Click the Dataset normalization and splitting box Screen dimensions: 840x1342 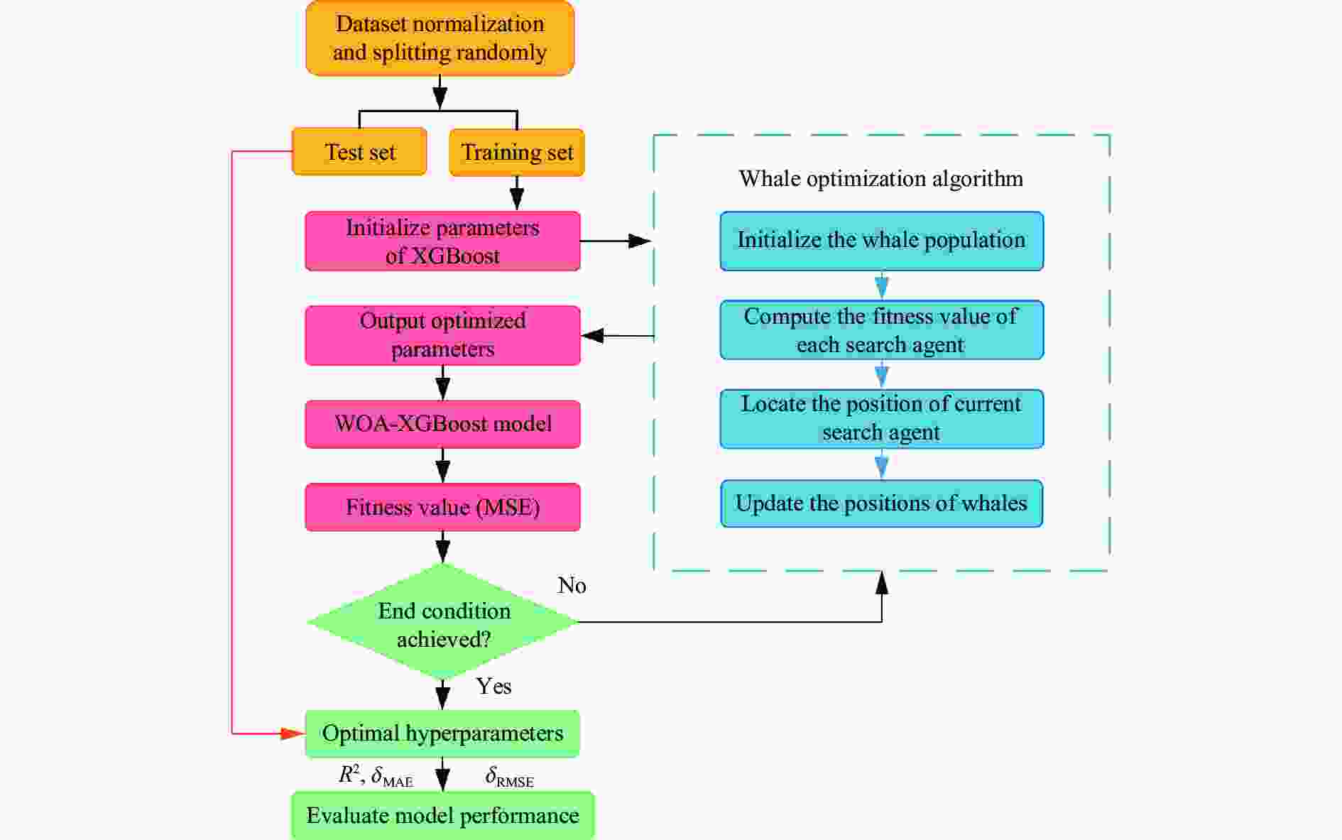pos(440,38)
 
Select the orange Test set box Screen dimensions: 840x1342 pos(359,152)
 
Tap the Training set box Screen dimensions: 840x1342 pos(517,152)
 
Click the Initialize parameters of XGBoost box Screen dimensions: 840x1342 pos(442,241)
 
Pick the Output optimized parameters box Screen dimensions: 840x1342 pos(442,335)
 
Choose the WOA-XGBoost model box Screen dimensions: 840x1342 pos(442,424)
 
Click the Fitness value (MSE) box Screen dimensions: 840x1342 pos(442,507)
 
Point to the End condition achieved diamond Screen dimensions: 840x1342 pos(443,623)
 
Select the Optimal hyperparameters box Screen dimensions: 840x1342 pos(442,733)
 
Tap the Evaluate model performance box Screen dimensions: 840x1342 pos(442,815)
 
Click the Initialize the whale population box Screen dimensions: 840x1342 pos(881,241)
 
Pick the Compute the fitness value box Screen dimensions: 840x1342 pos(881,330)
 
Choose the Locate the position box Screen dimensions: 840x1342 pos(881,418)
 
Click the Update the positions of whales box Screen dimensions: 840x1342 pos(881,503)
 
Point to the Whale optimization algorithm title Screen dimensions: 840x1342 pos(880,178)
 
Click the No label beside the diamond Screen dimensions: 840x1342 pos(572,585)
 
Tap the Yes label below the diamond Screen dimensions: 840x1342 pos(493,686)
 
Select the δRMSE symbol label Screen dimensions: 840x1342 pos(509,778)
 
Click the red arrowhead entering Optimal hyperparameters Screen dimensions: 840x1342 pos(293,733)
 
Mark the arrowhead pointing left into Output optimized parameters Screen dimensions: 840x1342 pos(593,336)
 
